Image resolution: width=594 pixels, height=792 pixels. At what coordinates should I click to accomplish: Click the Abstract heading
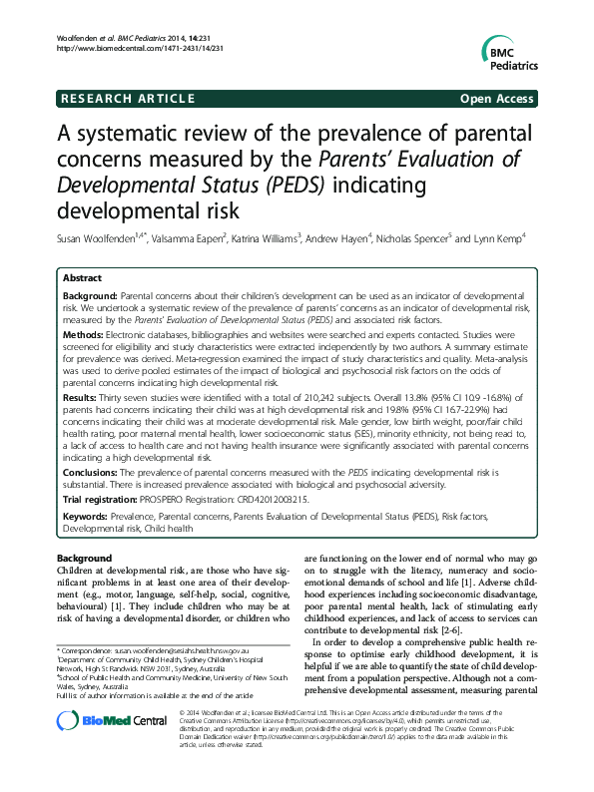pyautogui.click(x=83, y=280)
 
